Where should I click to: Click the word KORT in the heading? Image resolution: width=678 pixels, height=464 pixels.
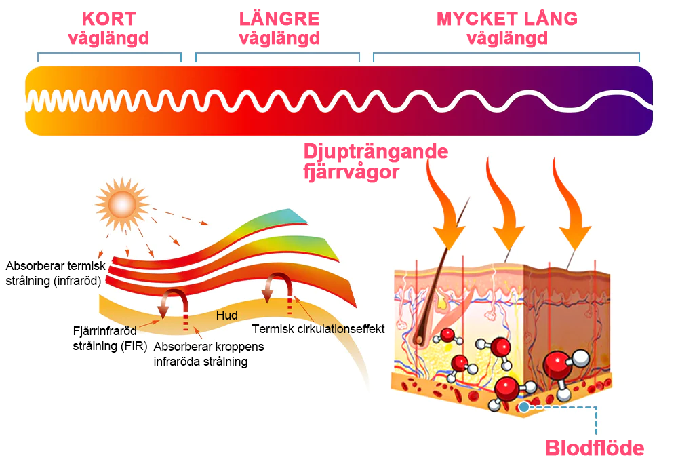tap(108, 18)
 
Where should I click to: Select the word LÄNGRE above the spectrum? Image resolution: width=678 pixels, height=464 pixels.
tap(279, 18)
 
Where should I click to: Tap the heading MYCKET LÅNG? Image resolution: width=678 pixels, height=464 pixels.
tap(507, 18)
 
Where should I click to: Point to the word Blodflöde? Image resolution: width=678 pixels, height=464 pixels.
tap(595, 448)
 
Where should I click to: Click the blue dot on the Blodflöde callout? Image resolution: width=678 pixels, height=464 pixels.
tap(524, 407)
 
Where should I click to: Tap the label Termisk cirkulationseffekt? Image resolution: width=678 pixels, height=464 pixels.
tap(319, 329)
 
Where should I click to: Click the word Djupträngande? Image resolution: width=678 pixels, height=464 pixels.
tap(375, 151)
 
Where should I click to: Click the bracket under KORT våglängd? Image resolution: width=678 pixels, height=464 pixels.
tap(109, 54)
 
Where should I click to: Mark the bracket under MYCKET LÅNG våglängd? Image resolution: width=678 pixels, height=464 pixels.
tap(506, 54)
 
